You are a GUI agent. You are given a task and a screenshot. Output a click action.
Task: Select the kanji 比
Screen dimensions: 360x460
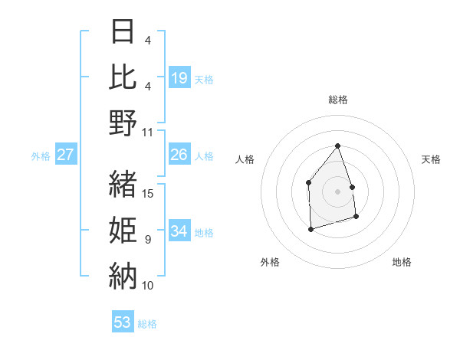(x=123, y=77)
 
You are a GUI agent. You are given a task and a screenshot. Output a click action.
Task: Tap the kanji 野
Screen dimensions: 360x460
(x=123, y=122)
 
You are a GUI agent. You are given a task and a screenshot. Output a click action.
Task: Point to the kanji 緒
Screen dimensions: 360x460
(x=123, y=184)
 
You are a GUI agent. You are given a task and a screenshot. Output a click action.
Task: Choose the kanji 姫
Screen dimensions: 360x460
(x=123, y=230)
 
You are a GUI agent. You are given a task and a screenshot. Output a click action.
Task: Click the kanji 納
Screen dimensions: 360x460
(x=123, y=275)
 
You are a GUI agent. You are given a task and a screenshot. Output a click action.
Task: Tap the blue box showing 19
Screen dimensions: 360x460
(x=179, y=77)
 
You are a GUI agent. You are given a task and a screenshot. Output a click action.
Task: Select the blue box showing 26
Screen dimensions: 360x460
(x=179, y=155)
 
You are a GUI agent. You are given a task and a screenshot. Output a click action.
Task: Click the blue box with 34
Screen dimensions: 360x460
(x=179, y=231)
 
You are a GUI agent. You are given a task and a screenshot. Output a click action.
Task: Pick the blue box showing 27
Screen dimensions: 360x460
(x=65, y=155)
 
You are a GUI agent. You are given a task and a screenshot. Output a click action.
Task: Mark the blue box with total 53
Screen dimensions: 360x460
(x=123, y=322)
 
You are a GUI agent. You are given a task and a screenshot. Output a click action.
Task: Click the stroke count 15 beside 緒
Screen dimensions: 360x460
(x=149, y=193)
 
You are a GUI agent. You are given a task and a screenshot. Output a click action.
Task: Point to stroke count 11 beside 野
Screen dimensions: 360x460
(x=149, y=132)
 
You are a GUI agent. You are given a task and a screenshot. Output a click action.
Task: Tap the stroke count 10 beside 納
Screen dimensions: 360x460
(x=149, y=285)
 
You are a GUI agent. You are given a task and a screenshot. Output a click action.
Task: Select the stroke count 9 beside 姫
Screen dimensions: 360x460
(x=148, y=240)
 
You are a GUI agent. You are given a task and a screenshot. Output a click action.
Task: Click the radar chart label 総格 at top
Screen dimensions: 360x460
(x=337, y=100)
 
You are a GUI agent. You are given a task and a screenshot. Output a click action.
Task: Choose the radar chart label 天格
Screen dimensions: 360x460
(x=431, y=159)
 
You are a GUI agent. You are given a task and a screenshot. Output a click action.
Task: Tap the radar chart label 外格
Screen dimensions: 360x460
(x=270, y=262)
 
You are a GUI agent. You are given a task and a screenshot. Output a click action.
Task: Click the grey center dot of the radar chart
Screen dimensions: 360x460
(x=337, y=191)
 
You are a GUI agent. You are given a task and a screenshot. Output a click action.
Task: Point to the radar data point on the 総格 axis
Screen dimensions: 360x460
(x=337, y=146)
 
